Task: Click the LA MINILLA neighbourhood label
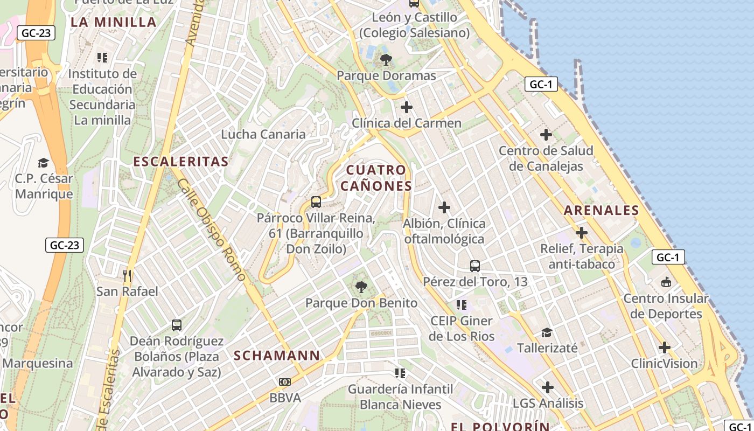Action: click(114, 22)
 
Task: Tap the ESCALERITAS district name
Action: click(181, 161)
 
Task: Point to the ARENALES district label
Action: click(602, 211)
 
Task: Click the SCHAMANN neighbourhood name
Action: click(277, 356)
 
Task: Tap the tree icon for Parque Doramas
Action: click(386, 59)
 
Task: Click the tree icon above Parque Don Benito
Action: click(361, 287)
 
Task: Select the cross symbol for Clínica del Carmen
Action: click(406, 107)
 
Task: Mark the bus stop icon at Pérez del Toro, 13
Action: click(474, 266)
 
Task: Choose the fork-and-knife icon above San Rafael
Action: click(127, 276)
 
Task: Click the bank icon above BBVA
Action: click(284, 382)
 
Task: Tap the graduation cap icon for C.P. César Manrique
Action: click(43, 162)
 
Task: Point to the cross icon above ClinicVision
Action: click(665, 347)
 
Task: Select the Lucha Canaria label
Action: click(263, 134)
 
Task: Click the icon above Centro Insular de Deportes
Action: click(666, 282)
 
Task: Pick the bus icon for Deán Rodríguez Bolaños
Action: click(177, 325)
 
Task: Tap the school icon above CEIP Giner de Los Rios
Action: click(461, 305)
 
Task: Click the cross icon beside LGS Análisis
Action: click(548, 387)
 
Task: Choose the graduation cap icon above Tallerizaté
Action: click(547, 332)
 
